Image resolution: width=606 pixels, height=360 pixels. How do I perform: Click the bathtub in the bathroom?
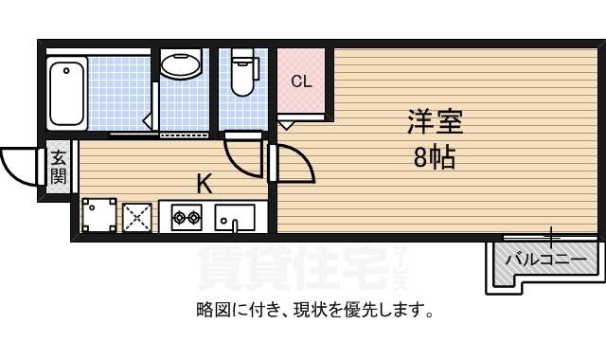[x=67, y=93]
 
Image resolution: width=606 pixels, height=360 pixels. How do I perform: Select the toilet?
[x=243, y=73]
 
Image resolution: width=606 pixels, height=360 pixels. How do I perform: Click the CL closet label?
[x=301, y=81]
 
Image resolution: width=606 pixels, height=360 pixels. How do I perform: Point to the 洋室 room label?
[x=435, y=122]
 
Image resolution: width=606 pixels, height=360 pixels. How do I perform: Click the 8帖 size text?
[x=435, y=157]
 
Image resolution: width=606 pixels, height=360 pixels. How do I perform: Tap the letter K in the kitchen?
[x=204, y=183]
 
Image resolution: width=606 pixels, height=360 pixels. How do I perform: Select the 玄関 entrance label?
[x=59, y=168]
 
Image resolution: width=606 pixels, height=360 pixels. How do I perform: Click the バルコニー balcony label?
[x=544, y=257]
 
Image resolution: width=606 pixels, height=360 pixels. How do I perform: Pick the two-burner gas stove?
[x=186, y=220]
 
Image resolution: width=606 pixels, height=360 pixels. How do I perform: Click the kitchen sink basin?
[x=235, y=219]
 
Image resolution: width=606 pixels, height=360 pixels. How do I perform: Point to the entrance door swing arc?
[x=21, y=166]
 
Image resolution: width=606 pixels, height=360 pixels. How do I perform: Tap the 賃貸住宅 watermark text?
[x=294, y=268]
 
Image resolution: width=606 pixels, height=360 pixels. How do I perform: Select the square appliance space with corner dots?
[x=98, y=216]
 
